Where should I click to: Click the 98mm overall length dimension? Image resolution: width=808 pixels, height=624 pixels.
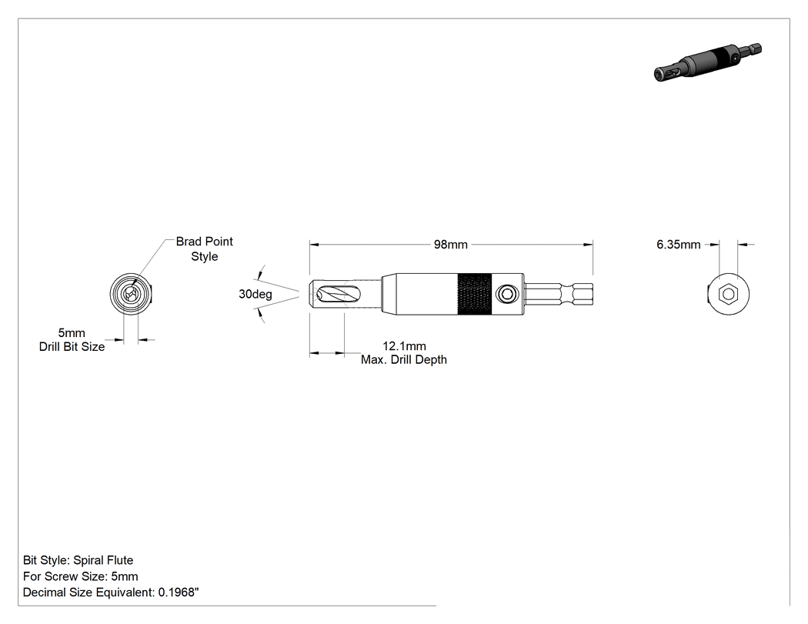point(450,245)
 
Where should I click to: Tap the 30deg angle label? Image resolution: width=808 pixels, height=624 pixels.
point(255,294)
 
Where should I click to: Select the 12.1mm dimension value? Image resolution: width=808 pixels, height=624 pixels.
point(404,346)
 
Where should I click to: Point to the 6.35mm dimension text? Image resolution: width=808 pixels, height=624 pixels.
point(678,245)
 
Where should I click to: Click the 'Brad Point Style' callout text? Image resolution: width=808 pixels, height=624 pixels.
point(205,249)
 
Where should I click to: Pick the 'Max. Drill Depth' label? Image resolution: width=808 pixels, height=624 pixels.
point(403,359)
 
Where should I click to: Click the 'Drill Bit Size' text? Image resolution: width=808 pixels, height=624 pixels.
point(72,347)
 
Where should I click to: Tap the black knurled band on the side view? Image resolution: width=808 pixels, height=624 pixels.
point(474,294)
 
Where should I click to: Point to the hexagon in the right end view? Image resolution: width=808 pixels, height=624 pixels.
point(728,294)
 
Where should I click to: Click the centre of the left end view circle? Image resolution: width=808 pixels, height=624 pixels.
point(131,294)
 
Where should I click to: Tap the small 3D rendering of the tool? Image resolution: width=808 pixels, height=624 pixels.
point(707,62)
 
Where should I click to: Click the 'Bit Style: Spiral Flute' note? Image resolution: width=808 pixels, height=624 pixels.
point(78,560)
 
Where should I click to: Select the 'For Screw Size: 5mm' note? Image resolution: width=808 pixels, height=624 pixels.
point(80,576)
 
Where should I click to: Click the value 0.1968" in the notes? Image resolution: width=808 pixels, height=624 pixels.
point(179,592)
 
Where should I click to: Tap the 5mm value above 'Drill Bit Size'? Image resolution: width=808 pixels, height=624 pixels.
point(72,333)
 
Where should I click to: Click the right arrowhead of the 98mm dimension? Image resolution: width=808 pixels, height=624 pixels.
point(588,245)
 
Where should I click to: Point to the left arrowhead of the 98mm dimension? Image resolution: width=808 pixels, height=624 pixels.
point(315,245)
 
